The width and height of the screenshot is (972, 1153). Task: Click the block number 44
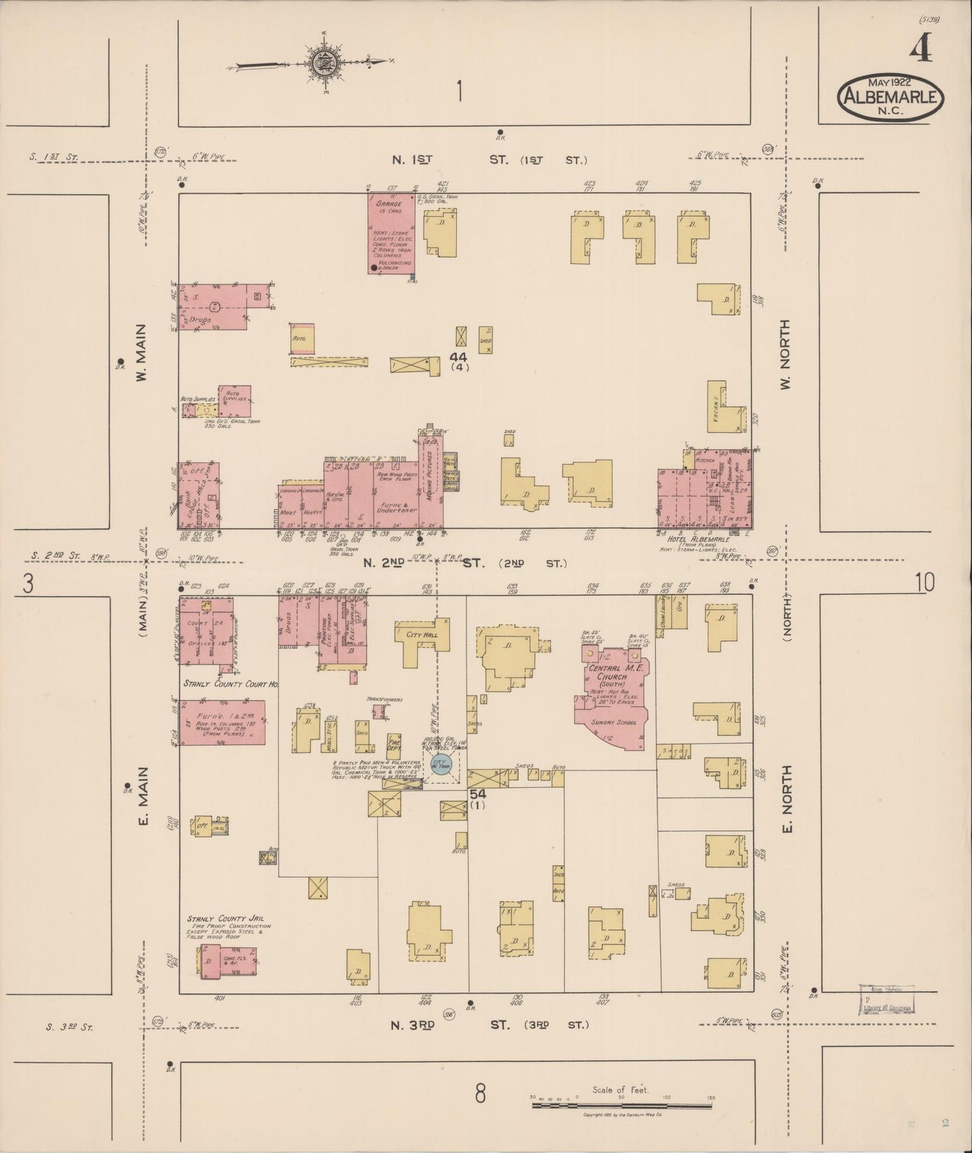pos(459,357)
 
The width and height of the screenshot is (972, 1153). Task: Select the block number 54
pos(478,794)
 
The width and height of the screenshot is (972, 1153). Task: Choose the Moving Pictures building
pos(428,481)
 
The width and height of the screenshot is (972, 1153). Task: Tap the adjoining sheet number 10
pos(924,583)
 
